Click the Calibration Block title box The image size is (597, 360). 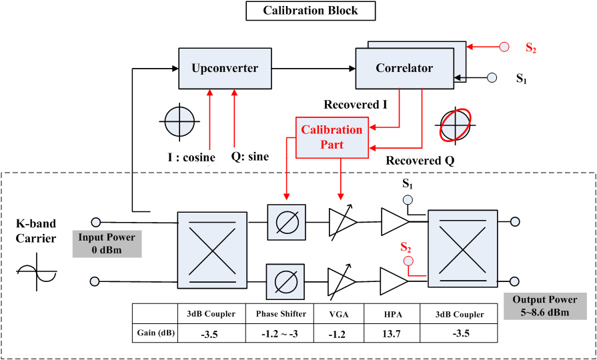(310, 11)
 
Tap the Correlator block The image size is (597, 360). (404, 68)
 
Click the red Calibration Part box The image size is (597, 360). (332, 137)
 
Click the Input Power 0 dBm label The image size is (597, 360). (107, 244)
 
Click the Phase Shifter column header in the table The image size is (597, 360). (281, 314)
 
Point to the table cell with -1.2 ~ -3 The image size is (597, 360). (281, 334)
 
